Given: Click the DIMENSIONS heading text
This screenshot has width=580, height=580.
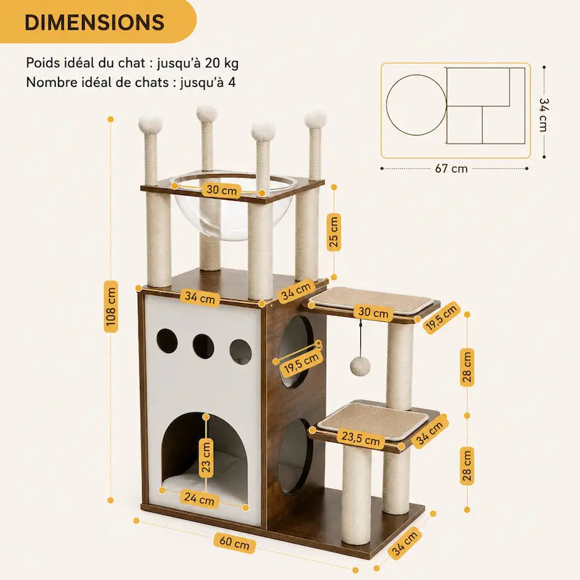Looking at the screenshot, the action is pos(94,22).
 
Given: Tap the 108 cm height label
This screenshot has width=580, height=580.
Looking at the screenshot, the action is pos(111,306).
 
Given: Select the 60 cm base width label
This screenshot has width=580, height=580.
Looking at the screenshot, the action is pos(234,543).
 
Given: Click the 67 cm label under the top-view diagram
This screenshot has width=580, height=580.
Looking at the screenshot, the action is pos(451,169).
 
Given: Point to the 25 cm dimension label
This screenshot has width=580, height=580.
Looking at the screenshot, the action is pos(333,232).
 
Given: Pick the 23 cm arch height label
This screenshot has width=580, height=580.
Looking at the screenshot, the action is pos(206,457).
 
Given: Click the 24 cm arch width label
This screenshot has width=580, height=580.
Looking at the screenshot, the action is pos(199,499).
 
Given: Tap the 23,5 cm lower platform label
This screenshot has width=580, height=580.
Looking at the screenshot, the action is pos(360,439).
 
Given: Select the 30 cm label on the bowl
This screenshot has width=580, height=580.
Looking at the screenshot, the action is pos(222,190).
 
